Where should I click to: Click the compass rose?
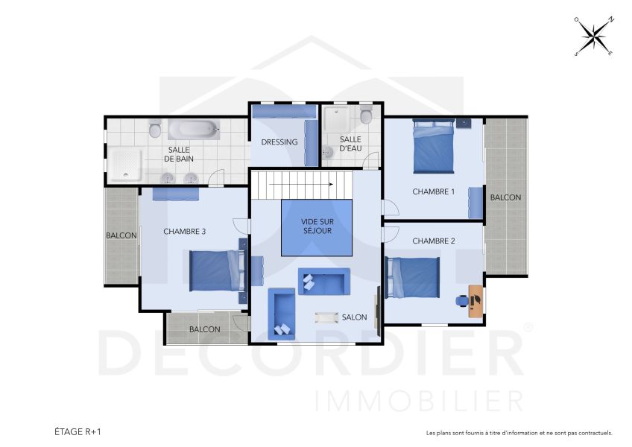[594, 37]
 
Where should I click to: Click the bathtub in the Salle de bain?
[193, 130]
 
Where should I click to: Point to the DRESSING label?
[279, 142]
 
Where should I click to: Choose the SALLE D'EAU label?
[350, 143]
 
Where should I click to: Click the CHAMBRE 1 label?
[433, 191]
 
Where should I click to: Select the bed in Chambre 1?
[433, 146]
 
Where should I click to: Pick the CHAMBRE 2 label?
[433, 241]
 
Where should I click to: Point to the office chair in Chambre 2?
[462, 301]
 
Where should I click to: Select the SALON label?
[354, 317]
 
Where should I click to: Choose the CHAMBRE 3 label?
[184, 232]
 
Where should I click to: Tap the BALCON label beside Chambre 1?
[505, 197]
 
